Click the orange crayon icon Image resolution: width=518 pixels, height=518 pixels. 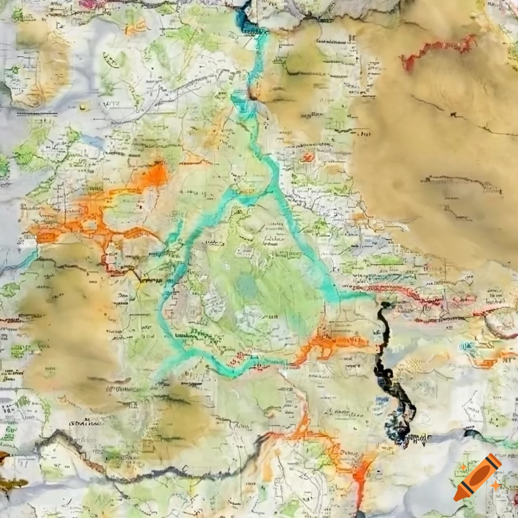[478, 477]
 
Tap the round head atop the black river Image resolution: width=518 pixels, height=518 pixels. [386, 305]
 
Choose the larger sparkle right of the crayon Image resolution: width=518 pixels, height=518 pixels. [496, 486]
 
